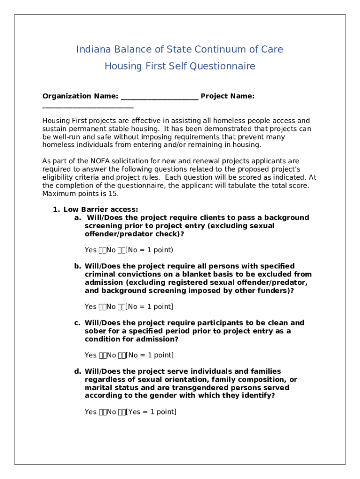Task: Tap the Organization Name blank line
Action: [x=159, y=97]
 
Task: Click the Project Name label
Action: [x=228, y=96]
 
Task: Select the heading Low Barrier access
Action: [x=101, y=210]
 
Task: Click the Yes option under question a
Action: [x=91, y=250]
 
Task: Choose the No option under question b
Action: [x=111, y=307]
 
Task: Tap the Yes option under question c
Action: [x=91, y=356]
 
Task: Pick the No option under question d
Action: [x=111, y=412]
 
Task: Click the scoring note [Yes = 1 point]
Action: [x=151, y=412]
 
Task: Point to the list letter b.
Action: [x=77, y=266]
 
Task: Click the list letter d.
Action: [x=77, y=371]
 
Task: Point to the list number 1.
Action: [x=56, y=210]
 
